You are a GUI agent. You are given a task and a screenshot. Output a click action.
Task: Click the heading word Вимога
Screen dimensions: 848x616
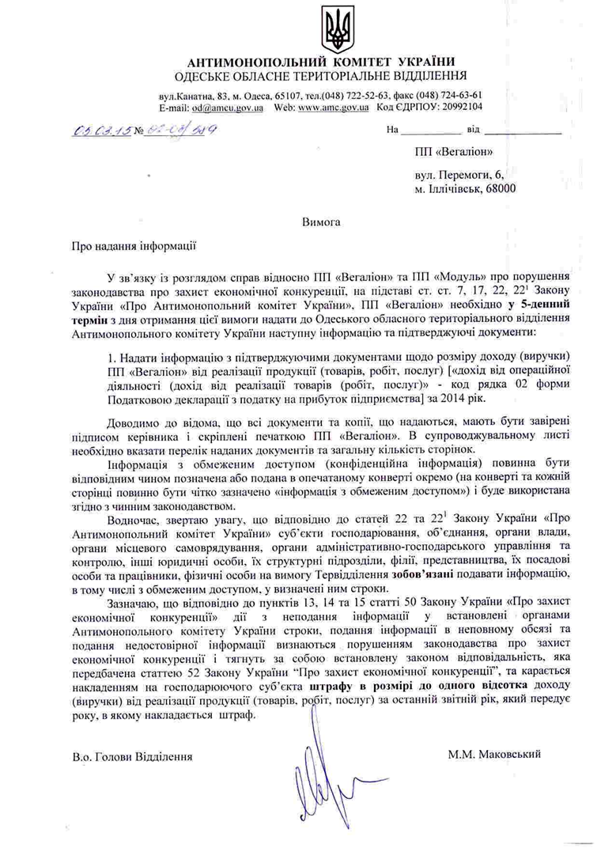tap(321, 222)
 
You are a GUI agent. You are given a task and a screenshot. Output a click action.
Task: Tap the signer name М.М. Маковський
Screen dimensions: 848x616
tap(494, 754)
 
